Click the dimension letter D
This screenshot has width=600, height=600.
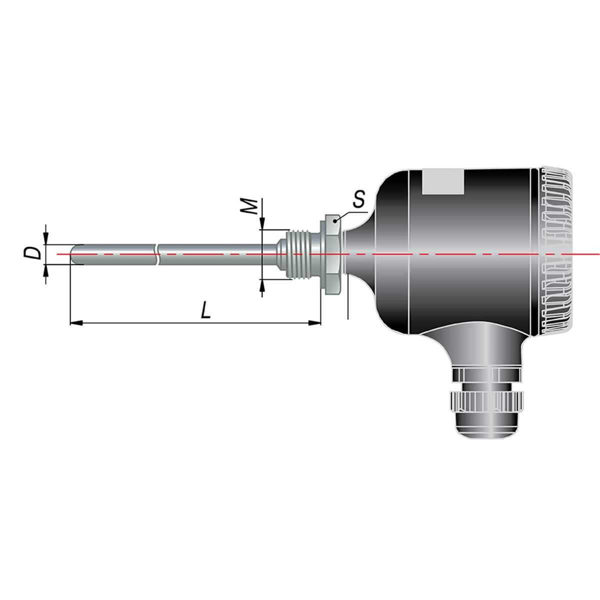[x=32, y=253]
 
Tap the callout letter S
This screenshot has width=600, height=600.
[x=358, y=199]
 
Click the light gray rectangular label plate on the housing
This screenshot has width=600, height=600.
[x=443, y=181]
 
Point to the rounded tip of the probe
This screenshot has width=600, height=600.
[x=74, y=254]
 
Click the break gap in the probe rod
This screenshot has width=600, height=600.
[x=157, y=254]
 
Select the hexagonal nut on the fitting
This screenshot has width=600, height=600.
[x=333, y=254]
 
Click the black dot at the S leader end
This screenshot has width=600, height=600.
[x=335, y=221]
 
